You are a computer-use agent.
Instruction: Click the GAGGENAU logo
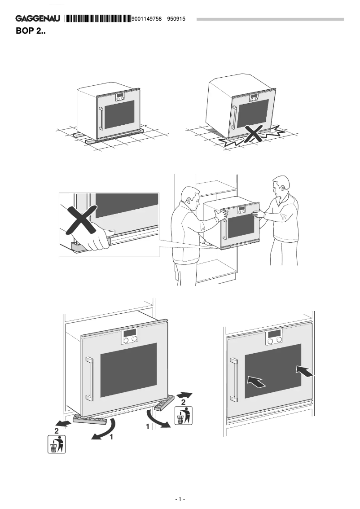click(x=39, y=19)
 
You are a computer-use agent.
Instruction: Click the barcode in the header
click(x=98, y=19)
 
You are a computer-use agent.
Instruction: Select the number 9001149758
click(x=147, y=19)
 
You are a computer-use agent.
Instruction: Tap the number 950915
click(x=176, y=19)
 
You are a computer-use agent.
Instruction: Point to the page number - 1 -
click(x=180, y=499)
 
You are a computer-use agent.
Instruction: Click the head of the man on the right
click(x=281, y=187)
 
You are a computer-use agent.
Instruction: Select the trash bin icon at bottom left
click(x=56, y=444)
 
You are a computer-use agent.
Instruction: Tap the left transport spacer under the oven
click(x=90, y=419)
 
